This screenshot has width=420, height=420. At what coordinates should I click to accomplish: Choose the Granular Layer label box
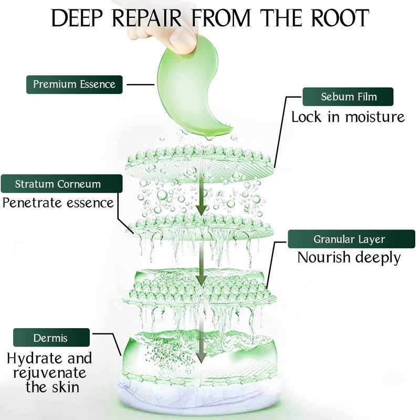350,239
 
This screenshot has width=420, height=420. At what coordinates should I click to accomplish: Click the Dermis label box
51,338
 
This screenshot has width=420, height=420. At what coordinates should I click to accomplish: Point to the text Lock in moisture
348,116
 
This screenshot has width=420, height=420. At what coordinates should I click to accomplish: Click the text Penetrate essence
58,202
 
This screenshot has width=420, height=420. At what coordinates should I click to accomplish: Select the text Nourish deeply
349,257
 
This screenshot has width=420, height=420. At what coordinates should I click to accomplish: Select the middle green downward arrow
200,273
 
